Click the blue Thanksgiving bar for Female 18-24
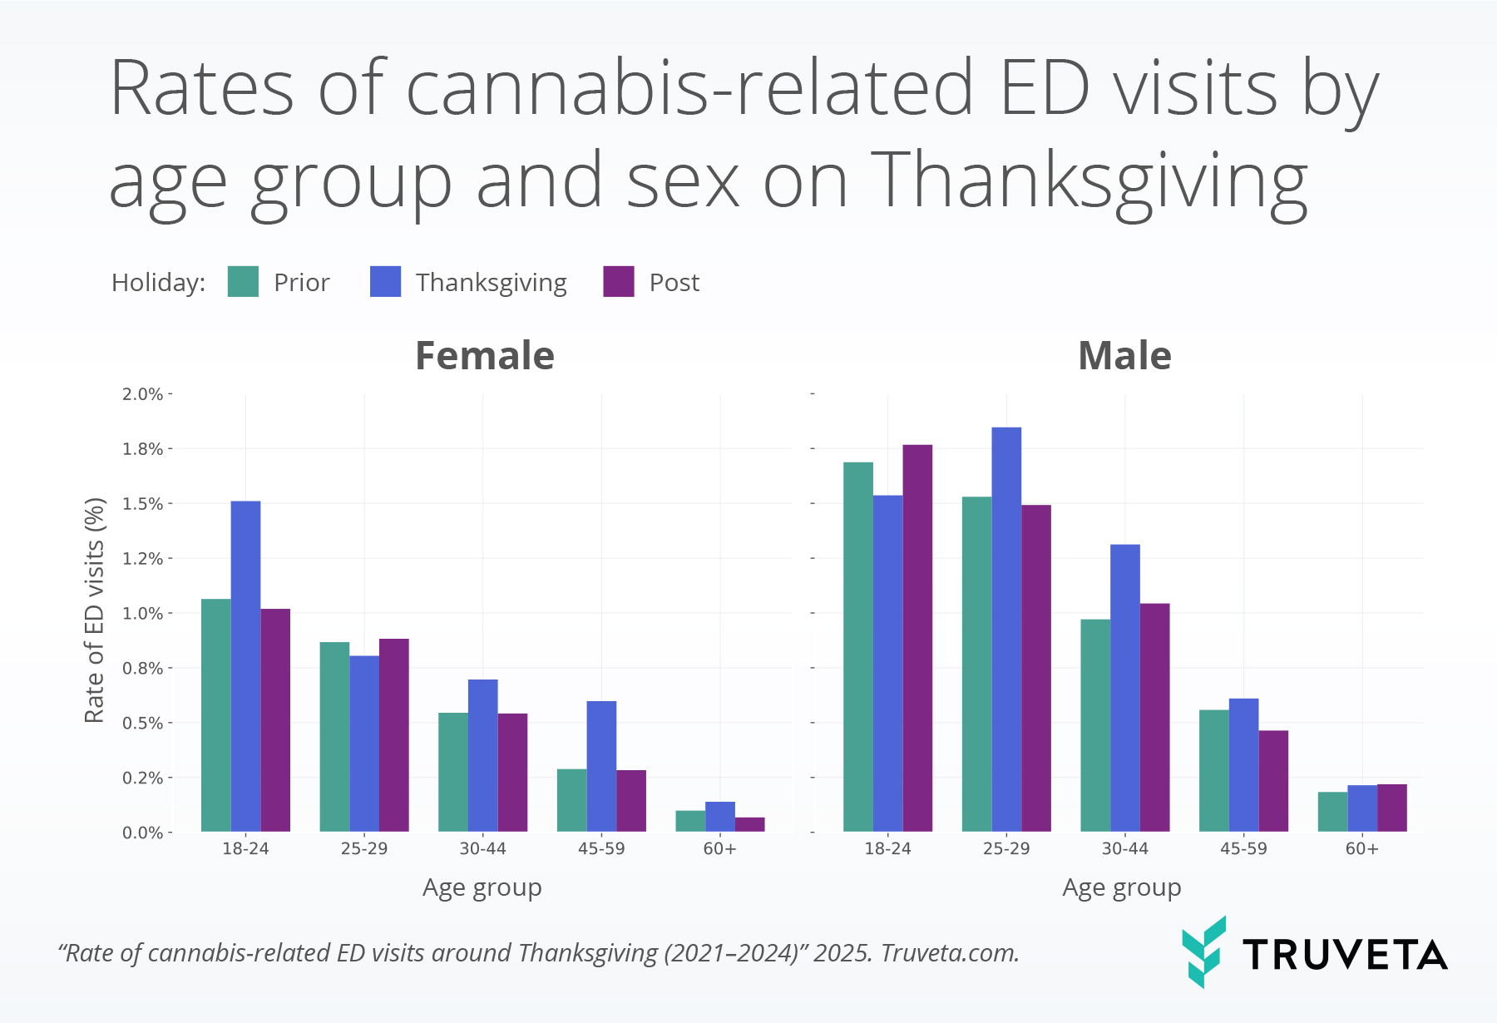pyautogui.click(x=245, y=665)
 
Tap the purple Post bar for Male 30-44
pyautogui.click(x=1154, y=717)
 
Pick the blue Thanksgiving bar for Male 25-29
pyautogui.click(x=1006, y=629)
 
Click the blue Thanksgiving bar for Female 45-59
pyautogui.click(x=601, y=766)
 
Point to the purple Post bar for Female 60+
pyautogui.click(x=749, y=824)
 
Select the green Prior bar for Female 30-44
pyautogui.click(x=452, y=772)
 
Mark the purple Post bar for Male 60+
pyautogui.click(x=1391, y=808)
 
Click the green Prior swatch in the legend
pyautogui.click(x=243, y=282)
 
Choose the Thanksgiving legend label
pyautogui.click(x=491, y=283)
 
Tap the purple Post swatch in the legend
pyautogui.click(x=618, y=282)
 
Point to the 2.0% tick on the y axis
pyautogui.click(x=143, y=394)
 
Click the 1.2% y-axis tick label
pyautogui.click(x=143, y=559)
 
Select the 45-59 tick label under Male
pyautogui.click(x=1243, y=849)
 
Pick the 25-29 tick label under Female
pyautogui.click(x=363, y=849)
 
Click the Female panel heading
pyautogui.click(x=484, y=356)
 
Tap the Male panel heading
pyautogui.click(x=1124, y=356)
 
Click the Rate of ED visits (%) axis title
pyautogui.click(x=95, y=610)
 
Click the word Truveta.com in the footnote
pyautogui.click(x=949, y=953)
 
